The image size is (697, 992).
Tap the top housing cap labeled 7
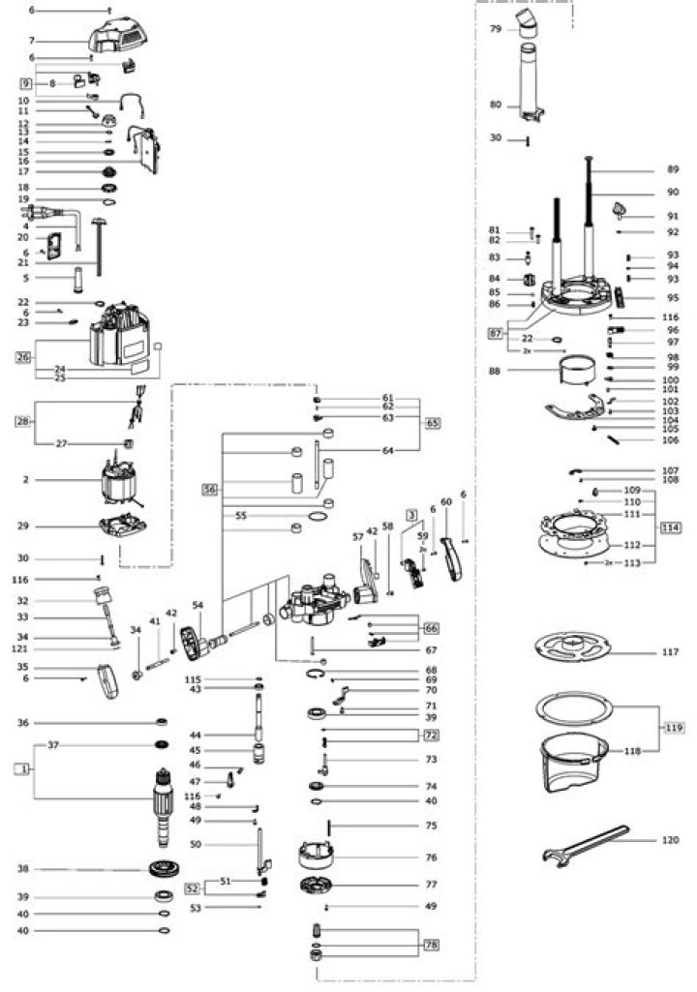[x=120, y=38]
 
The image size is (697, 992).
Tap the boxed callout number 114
[x=671, y=526]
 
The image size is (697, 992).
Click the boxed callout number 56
[x=210, y=490]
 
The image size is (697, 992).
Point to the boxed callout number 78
[x=432, y=944]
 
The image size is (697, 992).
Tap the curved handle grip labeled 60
[x=450, y=559]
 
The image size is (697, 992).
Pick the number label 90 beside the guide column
[x=673, y=193]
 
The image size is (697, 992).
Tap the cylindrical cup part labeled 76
[x=316, y=856]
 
